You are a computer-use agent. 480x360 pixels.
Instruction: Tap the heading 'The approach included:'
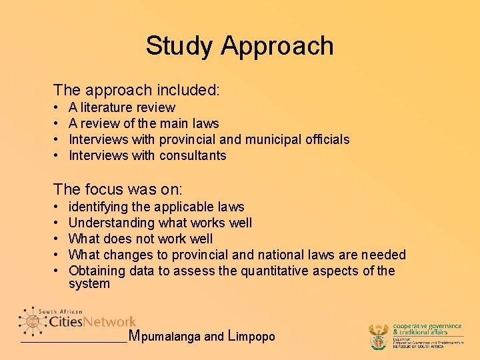coord(137,89)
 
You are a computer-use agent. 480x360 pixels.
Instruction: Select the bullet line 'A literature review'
coord(122,107)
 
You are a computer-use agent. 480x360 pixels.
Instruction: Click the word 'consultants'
coord(193,155)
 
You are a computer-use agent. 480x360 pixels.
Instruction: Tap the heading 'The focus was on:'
coord(118,189)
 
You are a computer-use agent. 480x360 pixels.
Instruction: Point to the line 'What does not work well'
coord(141,239)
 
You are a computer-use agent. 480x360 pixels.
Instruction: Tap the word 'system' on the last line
coord(89,284)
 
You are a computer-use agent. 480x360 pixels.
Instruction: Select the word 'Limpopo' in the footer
coord(251,336)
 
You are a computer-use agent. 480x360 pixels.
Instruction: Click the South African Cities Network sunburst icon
coord(32,321)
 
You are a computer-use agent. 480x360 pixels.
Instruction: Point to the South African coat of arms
coord(379,337)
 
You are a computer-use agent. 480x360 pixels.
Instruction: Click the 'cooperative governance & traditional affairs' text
coord(427,328)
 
